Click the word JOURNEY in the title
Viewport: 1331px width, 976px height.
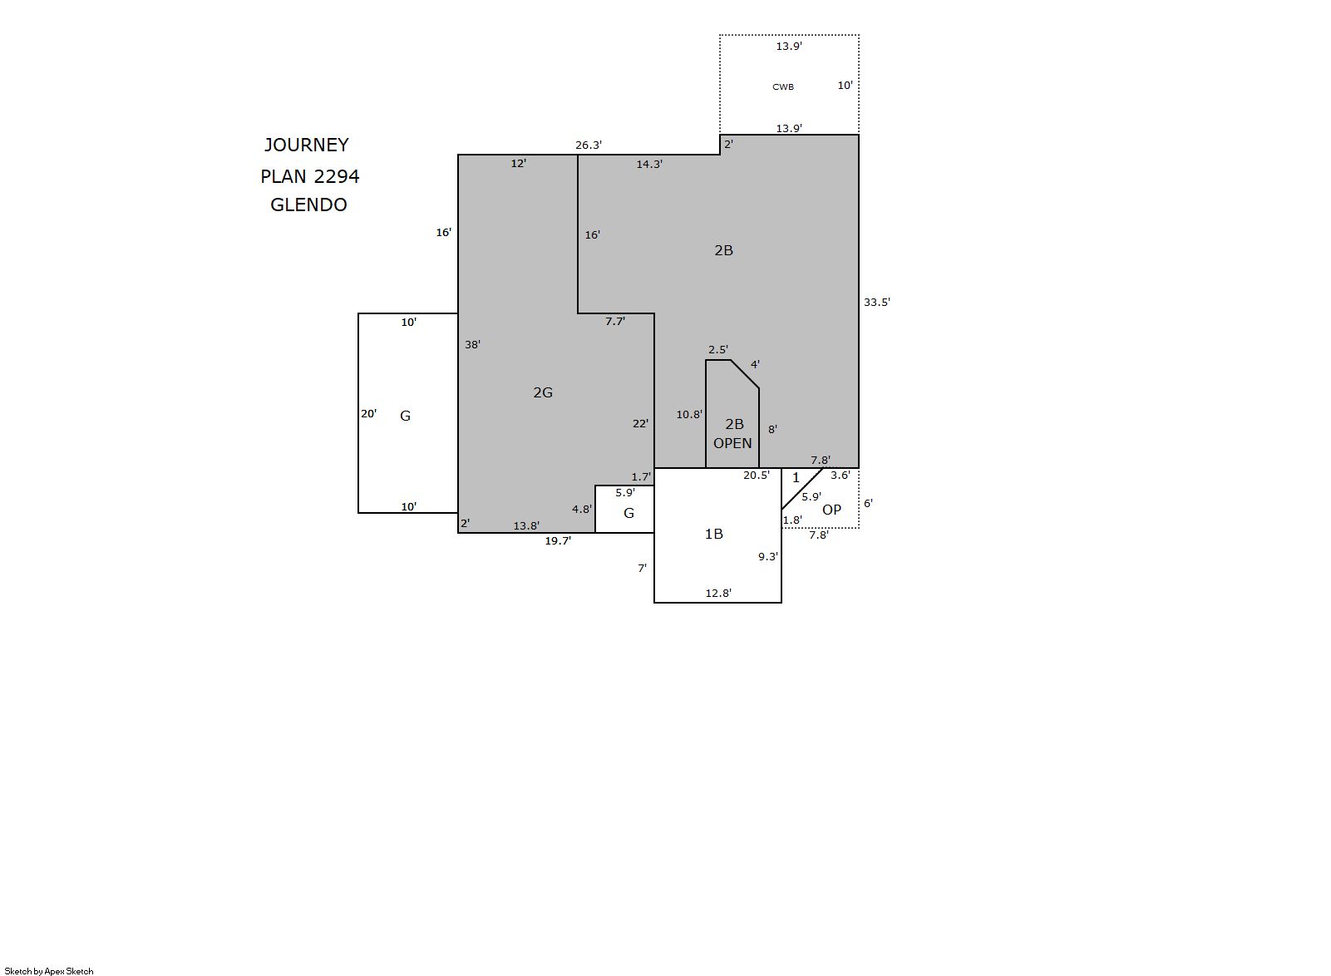coord(306,145)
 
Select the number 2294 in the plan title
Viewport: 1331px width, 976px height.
coord(337,176)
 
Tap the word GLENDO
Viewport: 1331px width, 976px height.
coord(308,205)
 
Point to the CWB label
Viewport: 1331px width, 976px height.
coord(782,86)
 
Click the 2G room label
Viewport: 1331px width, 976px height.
coord(543,392)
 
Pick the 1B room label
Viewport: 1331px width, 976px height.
coord(713,534)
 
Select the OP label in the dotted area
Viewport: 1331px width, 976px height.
coord(831,510)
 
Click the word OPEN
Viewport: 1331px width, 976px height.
coord(732,443)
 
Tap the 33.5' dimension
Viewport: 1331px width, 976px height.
coord(876,303)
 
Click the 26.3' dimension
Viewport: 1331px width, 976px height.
coord(589,145)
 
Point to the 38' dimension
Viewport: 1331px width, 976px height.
coord(472,344)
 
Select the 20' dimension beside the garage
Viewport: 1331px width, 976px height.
coord(368,413)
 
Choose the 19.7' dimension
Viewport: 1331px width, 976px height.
coord(558,540)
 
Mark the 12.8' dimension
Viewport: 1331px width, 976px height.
coord(717,593)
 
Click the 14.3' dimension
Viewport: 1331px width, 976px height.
coord(648,164)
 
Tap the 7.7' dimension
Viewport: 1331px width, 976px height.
coord(615,322)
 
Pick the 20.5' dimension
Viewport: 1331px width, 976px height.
coord(756,476)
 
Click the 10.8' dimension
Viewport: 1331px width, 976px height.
coord(688,415)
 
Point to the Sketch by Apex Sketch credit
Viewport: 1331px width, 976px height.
coord(49,971)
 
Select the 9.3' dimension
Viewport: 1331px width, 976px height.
coord(767,557)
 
